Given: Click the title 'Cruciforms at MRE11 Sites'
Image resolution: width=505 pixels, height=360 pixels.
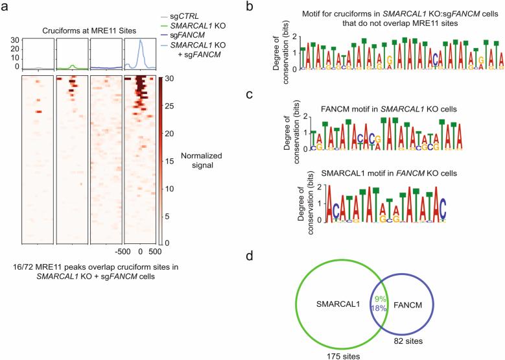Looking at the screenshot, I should point(91,29).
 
